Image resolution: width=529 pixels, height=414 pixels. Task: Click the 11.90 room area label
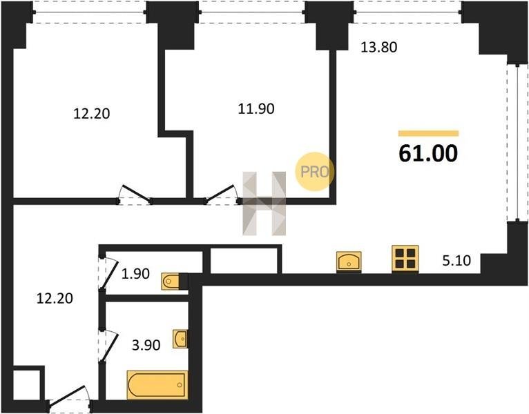point(251,108)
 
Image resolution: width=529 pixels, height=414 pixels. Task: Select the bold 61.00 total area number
point(428,154)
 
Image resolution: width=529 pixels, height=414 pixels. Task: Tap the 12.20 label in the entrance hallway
point(55,298)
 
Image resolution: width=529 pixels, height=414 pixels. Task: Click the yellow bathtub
point(157,384)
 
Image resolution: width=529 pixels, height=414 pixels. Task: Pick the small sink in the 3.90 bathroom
point(181,339)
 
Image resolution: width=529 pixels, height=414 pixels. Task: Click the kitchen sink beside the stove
point(350,261)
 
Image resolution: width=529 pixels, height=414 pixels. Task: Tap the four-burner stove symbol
point(405,259)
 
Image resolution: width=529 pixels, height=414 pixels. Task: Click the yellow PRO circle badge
point(315,171)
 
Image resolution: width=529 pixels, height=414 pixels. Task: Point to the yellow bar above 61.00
point(428,133)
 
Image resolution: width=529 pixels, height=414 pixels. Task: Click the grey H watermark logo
point(264,203)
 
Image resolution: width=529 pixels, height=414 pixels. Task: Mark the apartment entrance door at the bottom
point(69,400)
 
